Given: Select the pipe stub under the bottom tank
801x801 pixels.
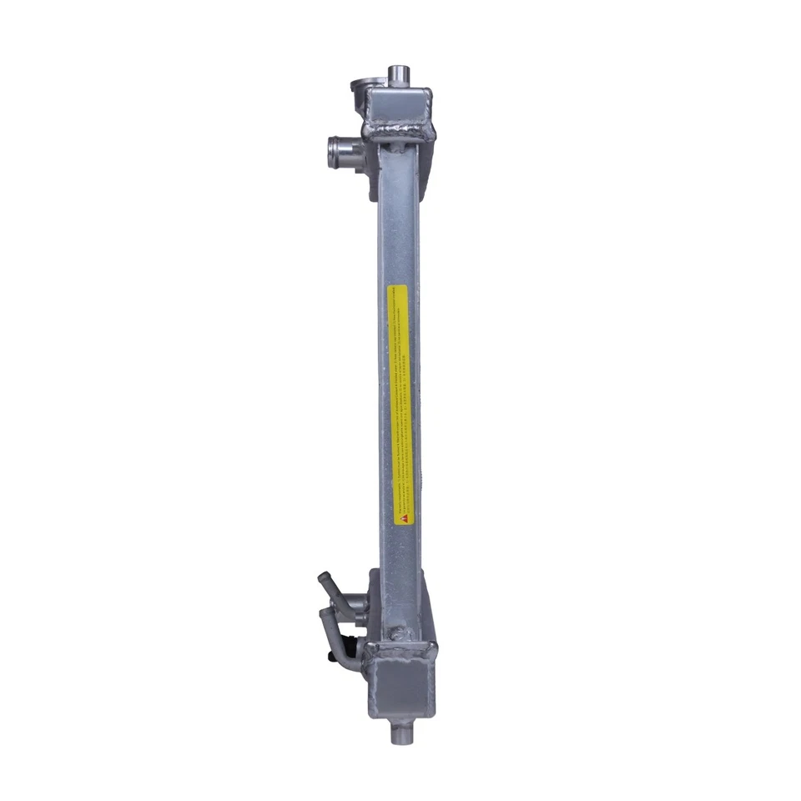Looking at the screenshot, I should (402, 733).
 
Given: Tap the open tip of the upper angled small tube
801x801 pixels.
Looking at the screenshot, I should (323, 577).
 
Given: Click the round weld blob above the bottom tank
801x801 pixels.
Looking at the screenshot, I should (401, 633).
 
